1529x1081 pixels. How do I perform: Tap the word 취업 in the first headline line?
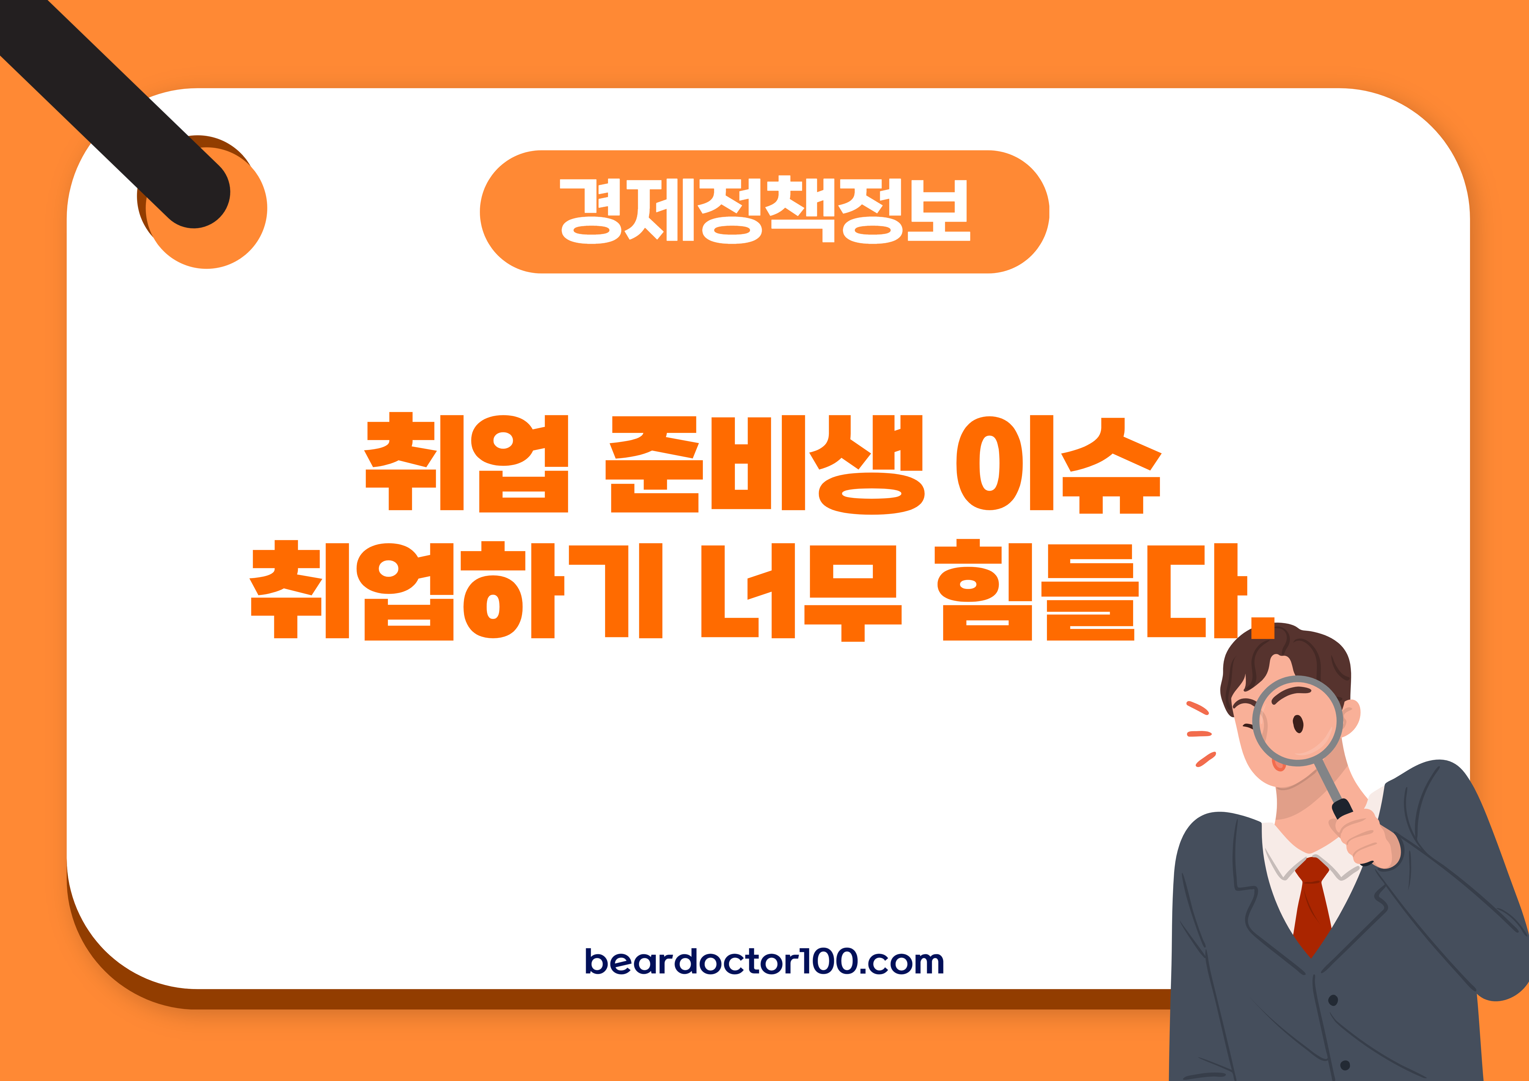pyautogui.click(x=466, y=463)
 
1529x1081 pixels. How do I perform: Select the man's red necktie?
pyautogui.click(x=1312, y=906)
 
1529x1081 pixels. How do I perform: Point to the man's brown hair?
pyautogui.click(x=1305, y=656)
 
